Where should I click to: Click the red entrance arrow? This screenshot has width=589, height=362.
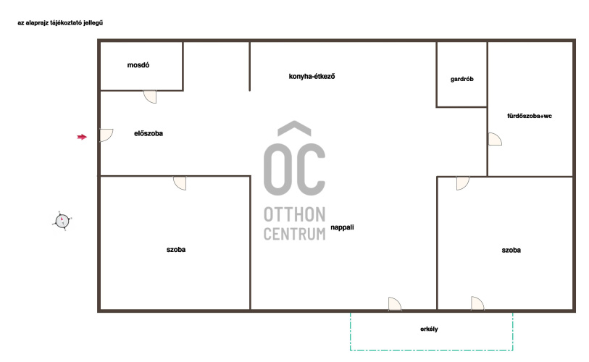tap(82, 137)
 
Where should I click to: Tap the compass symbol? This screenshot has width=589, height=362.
tap(62, 221)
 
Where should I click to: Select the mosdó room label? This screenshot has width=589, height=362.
tap(138, 65)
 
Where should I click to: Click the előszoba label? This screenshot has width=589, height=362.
tap(149, 133)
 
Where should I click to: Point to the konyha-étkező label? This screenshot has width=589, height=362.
tap(312, 77)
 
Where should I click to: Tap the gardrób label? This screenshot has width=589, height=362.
tap(462, 79)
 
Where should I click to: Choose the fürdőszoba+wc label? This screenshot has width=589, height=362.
tap(530, 116)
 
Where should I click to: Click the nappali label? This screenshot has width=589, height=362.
tap(342, 227)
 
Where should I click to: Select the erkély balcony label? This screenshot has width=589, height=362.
tap(429, 329)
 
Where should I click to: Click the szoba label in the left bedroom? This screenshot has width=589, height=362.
tap(176, 250)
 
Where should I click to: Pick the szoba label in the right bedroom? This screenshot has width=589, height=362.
tap(511, 250)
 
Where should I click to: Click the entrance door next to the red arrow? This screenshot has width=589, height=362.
tap(106, 135)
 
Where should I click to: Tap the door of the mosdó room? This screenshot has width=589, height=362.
tap(150, 96)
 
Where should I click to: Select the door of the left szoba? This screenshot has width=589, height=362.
tap(180, 183)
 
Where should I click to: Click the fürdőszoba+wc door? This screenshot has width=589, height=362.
tap(495, 139)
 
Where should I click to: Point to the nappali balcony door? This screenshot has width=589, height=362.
tap(394, 304)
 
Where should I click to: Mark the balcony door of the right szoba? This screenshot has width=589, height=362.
tap(477, 303)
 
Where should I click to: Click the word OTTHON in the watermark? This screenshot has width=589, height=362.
tap(294, 215)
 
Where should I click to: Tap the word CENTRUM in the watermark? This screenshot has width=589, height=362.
tap(294, 234)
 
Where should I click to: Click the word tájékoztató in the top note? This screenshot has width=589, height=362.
tap(66, 23)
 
